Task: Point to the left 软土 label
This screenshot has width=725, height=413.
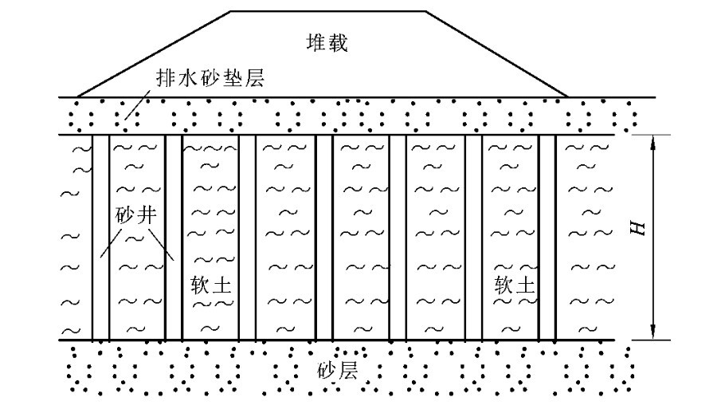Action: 211,285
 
